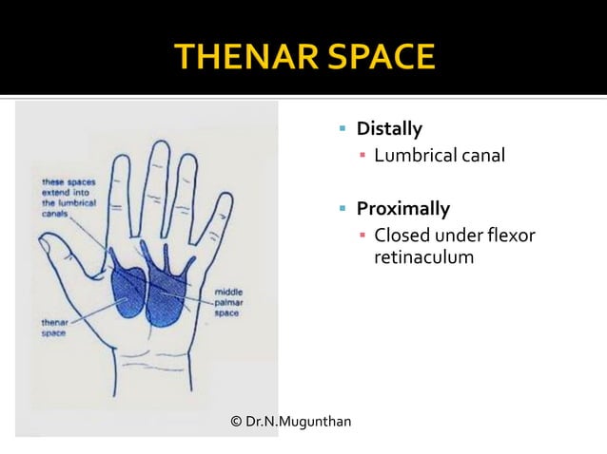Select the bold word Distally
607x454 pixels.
[389, 127]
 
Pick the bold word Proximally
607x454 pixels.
[402, 207]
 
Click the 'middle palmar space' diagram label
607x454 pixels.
[231, 301]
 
